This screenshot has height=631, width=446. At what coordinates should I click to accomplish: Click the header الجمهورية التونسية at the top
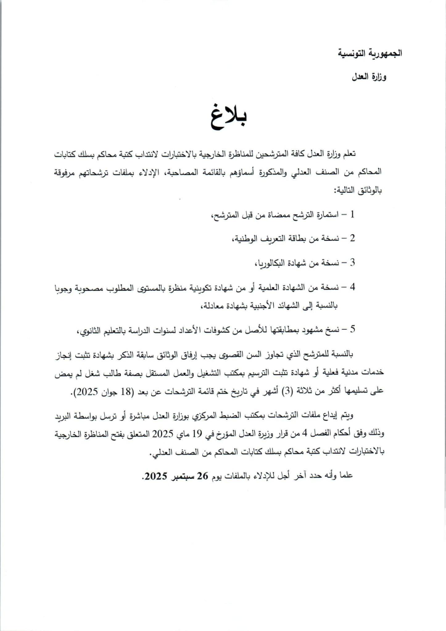coord(368,54)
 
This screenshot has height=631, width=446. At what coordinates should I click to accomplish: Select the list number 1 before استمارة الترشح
coord(352,215)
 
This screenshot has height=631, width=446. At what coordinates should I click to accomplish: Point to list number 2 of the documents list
coord(352,238)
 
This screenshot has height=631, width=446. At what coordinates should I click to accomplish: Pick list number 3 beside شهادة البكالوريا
coord(352,263)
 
